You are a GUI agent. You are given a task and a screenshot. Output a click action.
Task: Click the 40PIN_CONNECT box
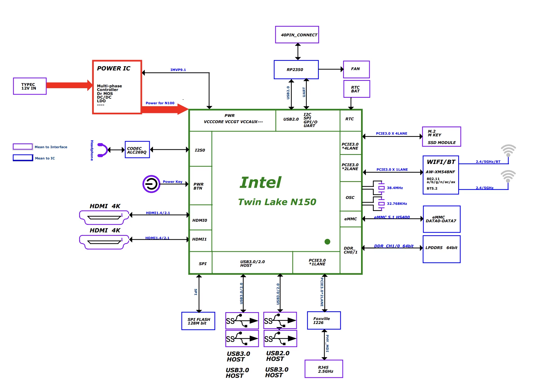pos(297,35)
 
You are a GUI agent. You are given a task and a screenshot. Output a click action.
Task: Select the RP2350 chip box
pos(296,70)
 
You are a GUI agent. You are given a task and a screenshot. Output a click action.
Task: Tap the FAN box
pos(356,69)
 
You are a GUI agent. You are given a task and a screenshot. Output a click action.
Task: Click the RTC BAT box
pos(357,89)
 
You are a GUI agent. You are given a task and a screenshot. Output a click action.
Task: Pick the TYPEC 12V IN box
pos(30,86)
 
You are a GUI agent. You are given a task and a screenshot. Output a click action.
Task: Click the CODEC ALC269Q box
pos(137,150)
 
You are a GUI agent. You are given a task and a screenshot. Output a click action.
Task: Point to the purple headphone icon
pos(102,150)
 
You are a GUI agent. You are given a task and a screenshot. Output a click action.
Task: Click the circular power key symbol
pos(151,184)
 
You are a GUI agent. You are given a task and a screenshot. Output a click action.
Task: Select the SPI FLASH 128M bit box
pos(198,321)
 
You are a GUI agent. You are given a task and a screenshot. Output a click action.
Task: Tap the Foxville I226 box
pos(324,320)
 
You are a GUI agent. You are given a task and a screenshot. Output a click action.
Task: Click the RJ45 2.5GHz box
pos(324,369)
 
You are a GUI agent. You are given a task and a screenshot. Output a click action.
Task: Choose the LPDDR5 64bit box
pos(441,249)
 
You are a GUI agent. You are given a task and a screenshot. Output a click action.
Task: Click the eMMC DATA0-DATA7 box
pos(441,219)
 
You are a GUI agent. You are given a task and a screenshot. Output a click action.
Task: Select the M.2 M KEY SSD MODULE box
pos(441,137)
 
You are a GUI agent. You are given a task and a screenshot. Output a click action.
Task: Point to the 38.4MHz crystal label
pos(395,188)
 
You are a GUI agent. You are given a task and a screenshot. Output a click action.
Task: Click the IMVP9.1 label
pos(178,70)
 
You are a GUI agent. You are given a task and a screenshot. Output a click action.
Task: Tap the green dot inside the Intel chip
pos(327,242)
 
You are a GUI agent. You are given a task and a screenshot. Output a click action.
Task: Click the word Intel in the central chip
pos(261,183)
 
